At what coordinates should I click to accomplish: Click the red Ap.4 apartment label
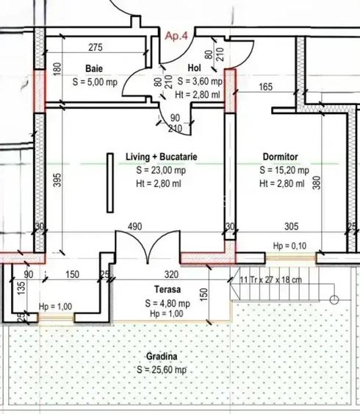point(178,35)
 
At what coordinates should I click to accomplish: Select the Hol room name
point(194,68)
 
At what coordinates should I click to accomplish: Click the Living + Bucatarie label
point(161,157)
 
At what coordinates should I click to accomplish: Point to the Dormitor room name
point(279,157)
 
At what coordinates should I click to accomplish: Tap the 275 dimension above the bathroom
point(96,48)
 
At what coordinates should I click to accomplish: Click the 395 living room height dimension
point(57,179)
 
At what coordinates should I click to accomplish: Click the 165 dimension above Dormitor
point(266,88)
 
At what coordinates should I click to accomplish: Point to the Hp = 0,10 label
point(286,246)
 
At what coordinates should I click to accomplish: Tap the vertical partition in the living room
point(109,181)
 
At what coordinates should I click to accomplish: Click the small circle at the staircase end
point(334,299)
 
